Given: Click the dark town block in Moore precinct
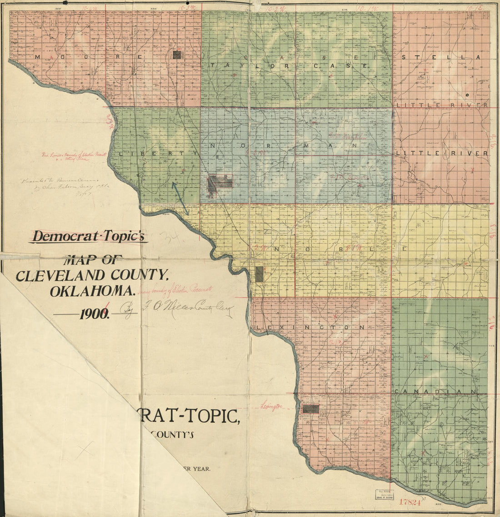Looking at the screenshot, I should tap(177, 55).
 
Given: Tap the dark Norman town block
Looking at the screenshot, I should tap(220, 183).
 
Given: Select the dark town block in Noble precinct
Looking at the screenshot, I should tap(259, 274).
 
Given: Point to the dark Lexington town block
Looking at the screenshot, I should tap(311, 408).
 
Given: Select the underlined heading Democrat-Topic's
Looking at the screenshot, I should tap(89, 236).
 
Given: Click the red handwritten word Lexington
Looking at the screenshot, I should tap(272, 406).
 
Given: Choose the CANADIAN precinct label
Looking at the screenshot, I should tap(435, 392).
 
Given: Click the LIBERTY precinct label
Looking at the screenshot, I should tap(158, 154).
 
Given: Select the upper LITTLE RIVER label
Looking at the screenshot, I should tap(442, 105).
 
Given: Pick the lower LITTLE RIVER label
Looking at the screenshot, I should tap(442, 154).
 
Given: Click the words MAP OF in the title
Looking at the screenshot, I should tap(94, 260).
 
